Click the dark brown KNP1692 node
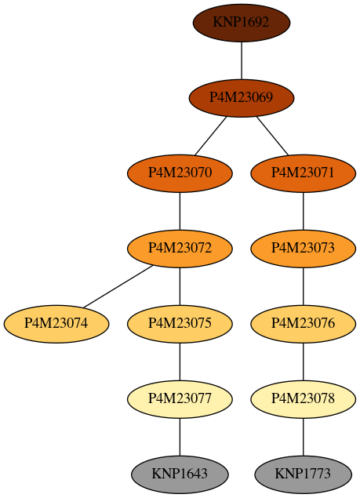[242, 23]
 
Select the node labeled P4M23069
[242, 98]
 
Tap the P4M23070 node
[180, 173]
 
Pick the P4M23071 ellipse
[303, 173]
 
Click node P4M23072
[180, 249]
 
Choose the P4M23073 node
[303, 249]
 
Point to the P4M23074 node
[56, 324]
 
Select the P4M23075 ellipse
[180, 324]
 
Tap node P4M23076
[303, 324]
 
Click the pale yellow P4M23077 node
[180, 399]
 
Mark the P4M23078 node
[303, 399]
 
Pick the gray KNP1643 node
[180, 474]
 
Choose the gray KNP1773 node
[303, 474]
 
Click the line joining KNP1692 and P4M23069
[242, 60]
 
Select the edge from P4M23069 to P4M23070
[211, 136]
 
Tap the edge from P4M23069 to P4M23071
[272, 136]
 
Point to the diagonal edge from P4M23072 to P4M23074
[118, 286]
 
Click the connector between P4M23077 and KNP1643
[180, 437]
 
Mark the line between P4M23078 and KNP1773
[303, 437]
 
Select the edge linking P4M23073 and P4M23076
[303, 286]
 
